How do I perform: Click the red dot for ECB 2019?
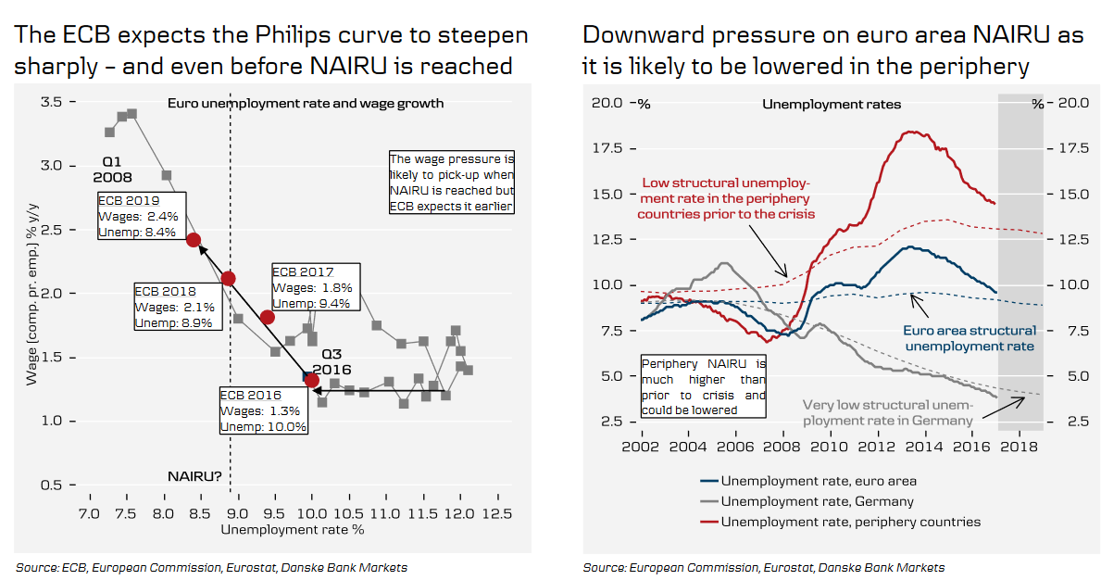(x=194, y=240)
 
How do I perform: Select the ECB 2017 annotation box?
(x=315, y=286)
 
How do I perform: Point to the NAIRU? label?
(x=194, y=476)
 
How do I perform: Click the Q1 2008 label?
(x=112, y=169)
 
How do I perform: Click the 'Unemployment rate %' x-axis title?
(x=293, y=530)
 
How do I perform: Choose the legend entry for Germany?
(x=817, y=501)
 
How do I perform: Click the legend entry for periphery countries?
(x=850, y=522)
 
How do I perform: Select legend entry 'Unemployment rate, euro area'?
(x=819, y=481)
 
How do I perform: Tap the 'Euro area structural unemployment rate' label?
(x=969, y=338)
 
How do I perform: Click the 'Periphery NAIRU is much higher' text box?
(x=704, y=386)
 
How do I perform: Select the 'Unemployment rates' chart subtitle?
(x=831, y=105)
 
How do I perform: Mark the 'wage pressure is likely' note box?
(x=451, y=183)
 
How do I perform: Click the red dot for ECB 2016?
(x=311, y=381)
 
